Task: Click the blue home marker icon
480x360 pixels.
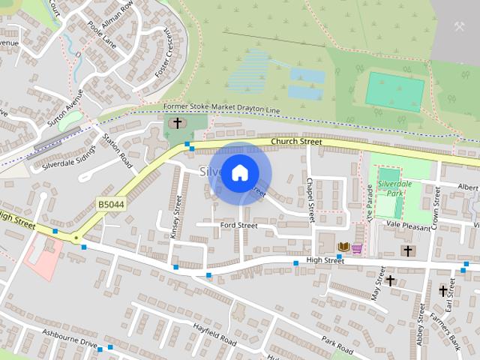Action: (239, 173)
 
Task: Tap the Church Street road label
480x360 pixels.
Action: (296, 141)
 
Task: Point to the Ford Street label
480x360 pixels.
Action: (238, 225)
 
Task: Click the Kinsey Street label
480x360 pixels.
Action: (177, 215)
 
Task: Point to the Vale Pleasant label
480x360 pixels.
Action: (409, 225)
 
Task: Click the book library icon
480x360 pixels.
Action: (343, 247)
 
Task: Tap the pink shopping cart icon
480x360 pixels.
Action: (357, 248)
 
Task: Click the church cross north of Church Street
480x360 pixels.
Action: (177, 123)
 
